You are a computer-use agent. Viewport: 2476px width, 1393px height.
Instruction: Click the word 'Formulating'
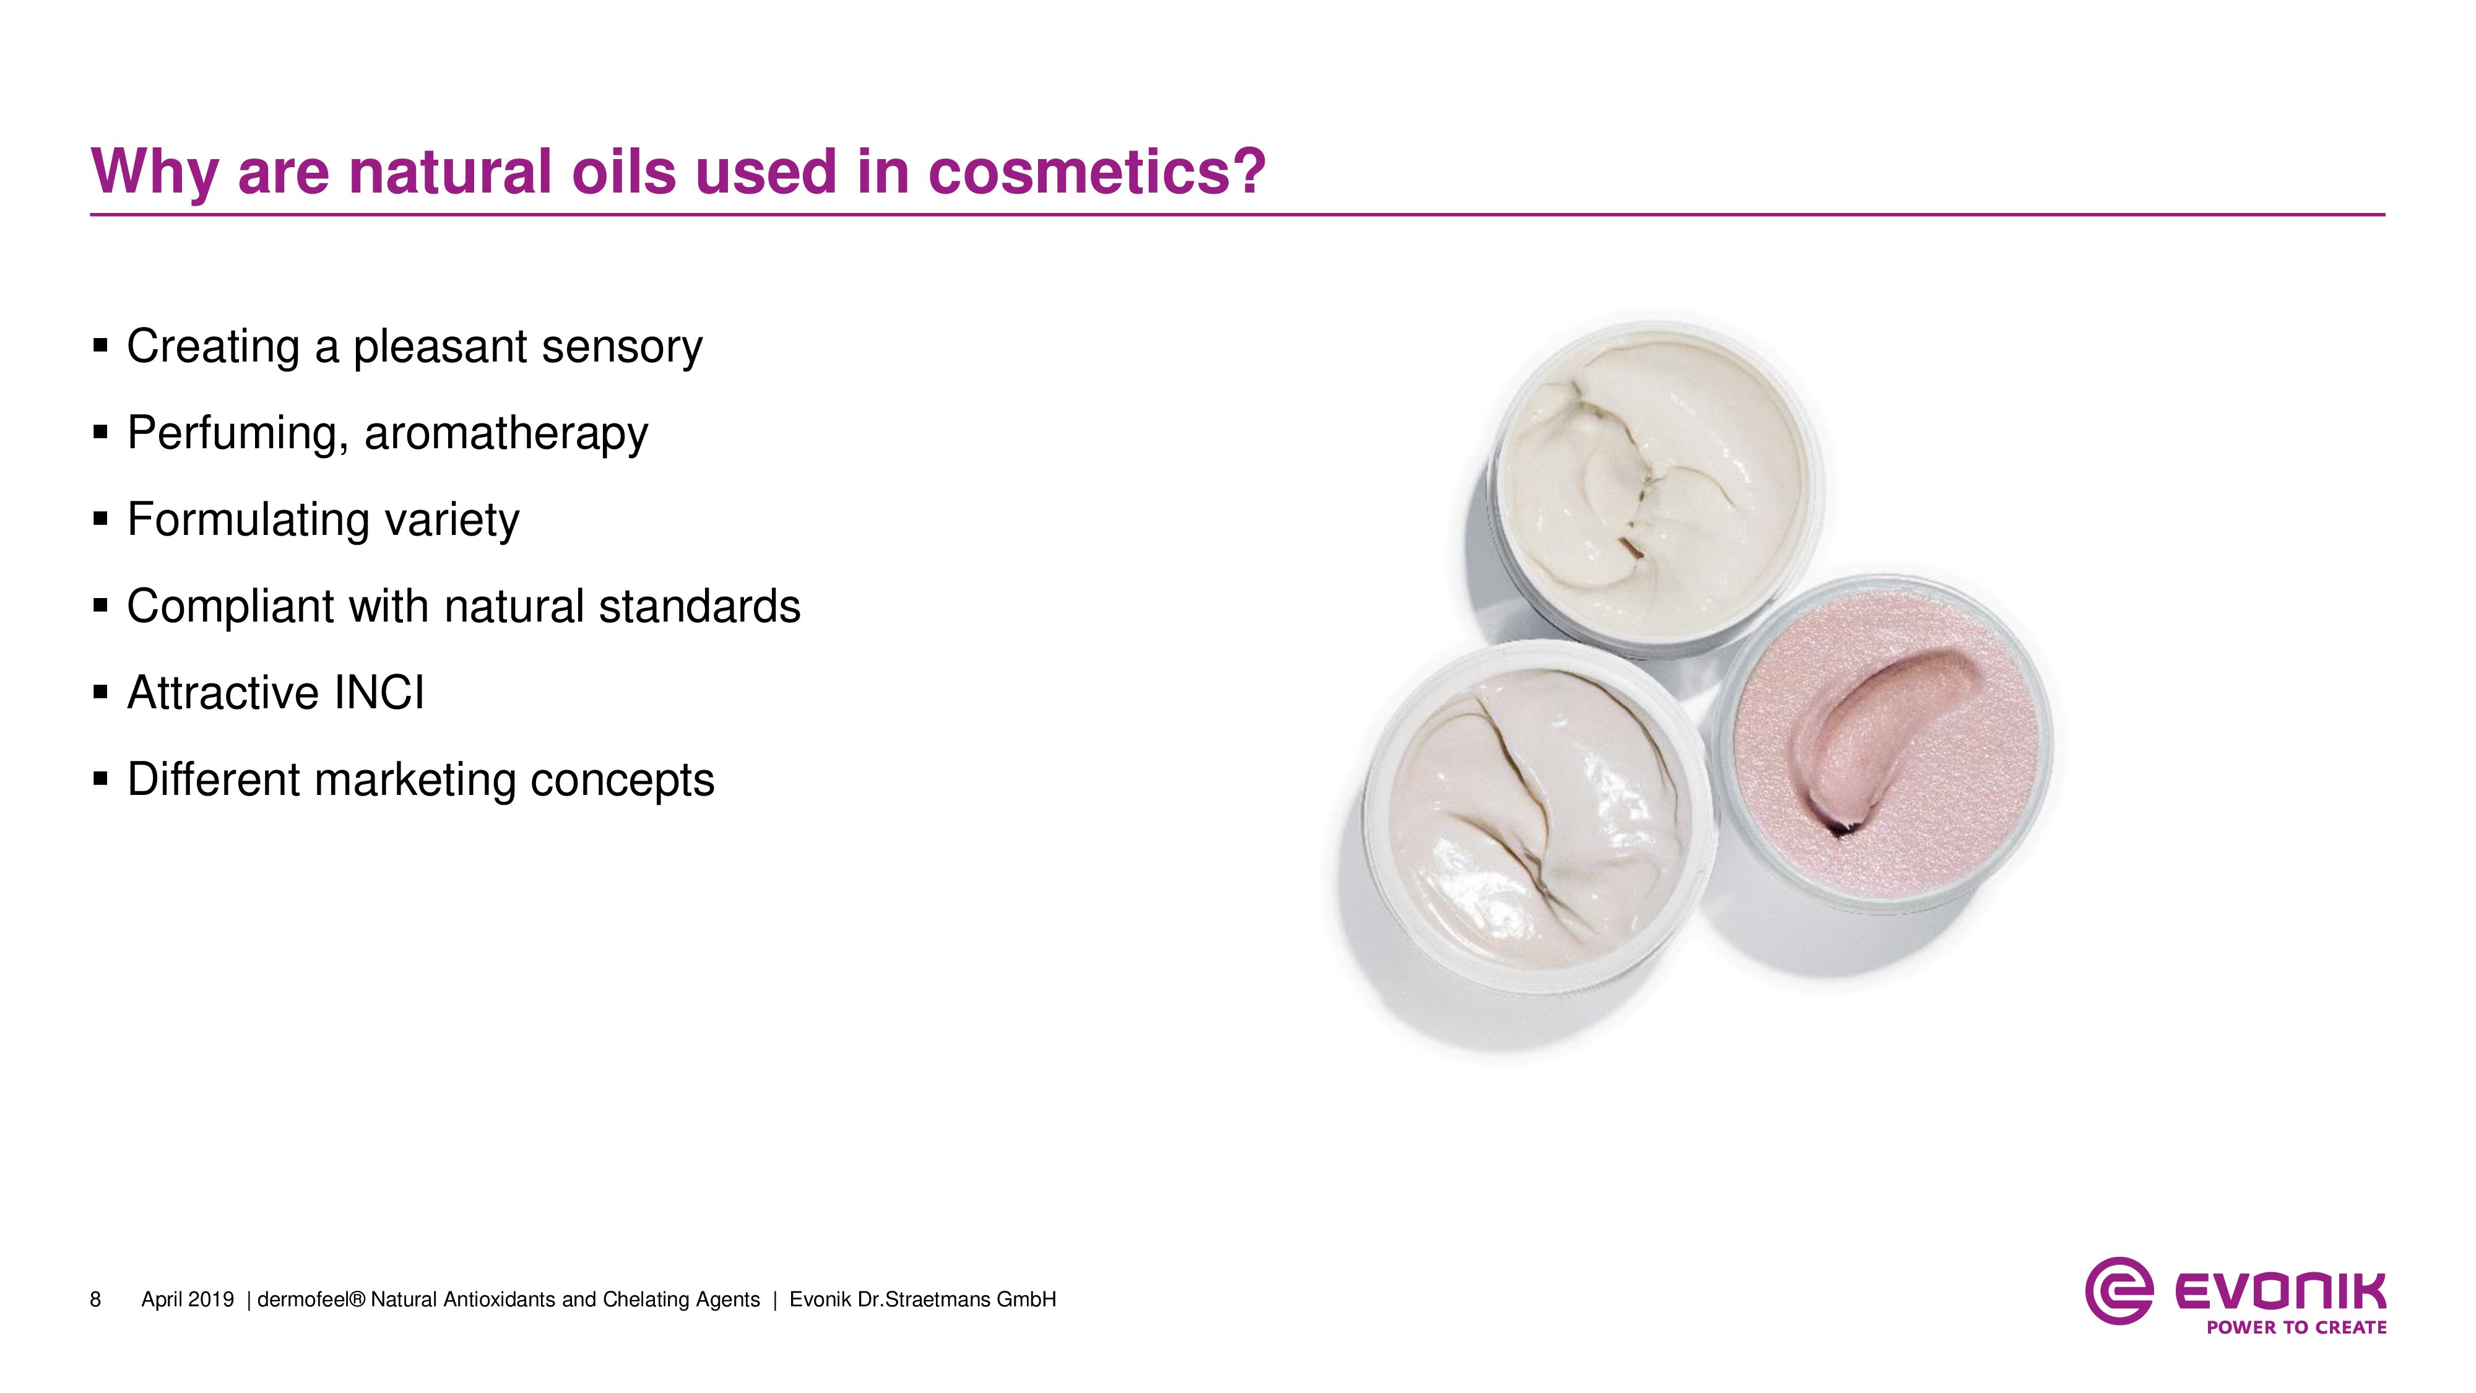[248, 520]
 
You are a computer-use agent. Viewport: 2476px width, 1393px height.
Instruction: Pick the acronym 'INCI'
[379, 693]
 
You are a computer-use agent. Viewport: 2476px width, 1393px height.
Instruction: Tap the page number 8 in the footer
[95, 1300]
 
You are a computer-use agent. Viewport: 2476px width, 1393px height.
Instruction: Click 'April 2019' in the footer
[188, 1300]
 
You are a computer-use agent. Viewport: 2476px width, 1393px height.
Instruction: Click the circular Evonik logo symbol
[2118, 1291]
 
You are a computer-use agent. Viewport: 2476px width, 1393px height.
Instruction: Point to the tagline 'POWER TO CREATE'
[2296, 1327]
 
